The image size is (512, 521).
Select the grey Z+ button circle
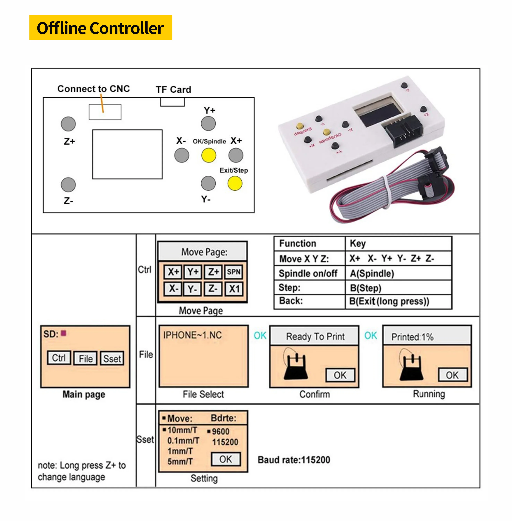(68, 124)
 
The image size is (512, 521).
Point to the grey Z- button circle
(68, 185)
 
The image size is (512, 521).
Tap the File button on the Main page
(85, 358)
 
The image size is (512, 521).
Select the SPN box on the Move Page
(233, 272)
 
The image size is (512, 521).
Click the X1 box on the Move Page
(234, 289)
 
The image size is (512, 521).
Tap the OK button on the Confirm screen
(340, 375)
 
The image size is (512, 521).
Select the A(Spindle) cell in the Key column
(372, 273)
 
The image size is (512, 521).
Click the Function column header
(298, 244)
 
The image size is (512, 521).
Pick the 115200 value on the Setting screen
(225, 442)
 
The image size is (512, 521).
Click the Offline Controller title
(100, 28)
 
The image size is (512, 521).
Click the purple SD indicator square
(63, 333)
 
